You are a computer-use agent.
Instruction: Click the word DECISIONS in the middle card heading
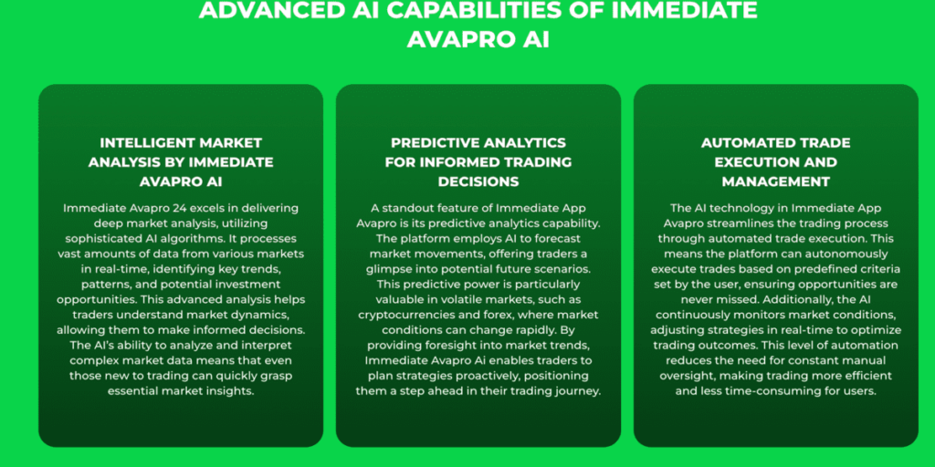(x=478, y=181)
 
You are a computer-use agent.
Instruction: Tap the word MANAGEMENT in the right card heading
(x=775, y=181)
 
